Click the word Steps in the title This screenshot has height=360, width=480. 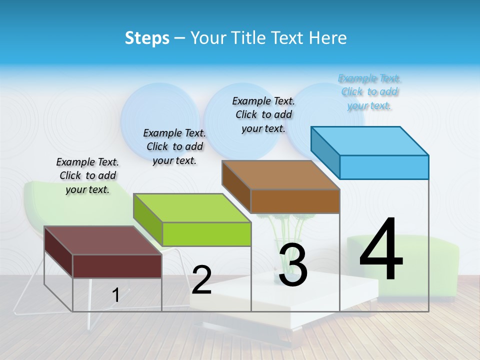point(147,38)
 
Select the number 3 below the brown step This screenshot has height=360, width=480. point(292,265)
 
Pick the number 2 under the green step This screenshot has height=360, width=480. point(201,280)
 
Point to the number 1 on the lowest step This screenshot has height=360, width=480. point(115,295)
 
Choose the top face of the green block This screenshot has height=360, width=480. point(192,208)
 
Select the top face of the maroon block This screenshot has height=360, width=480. point(103,240)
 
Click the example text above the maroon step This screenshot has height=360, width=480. point(87,176)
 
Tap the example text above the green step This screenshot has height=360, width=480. point(174,146)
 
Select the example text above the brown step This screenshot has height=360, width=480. point(263,114)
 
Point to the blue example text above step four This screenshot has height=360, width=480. point(369,92)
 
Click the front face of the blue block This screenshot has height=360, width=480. point(384,167)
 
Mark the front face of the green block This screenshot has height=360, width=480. point(206,234)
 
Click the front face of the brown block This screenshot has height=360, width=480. point(295,201)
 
